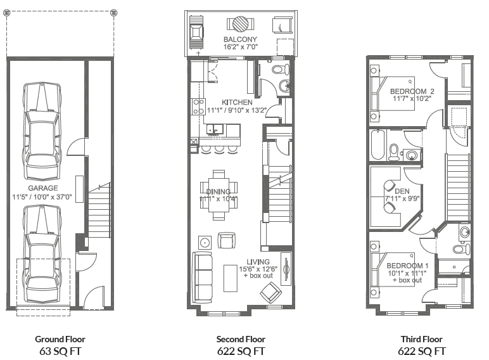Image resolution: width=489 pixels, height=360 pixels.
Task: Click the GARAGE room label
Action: point(42,188)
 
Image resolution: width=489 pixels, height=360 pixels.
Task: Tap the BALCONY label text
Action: point(239,39)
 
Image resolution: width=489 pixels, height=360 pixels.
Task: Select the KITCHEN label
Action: point(237,102)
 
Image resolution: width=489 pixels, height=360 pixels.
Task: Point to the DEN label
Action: point(402,191)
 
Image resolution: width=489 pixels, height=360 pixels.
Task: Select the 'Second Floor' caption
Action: point(241,339)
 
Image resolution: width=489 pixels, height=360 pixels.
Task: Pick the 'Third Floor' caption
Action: point(421,339)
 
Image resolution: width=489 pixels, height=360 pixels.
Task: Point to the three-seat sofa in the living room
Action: point(203,276)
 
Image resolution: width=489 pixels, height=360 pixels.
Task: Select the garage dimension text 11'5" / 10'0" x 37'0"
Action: point(42,197)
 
